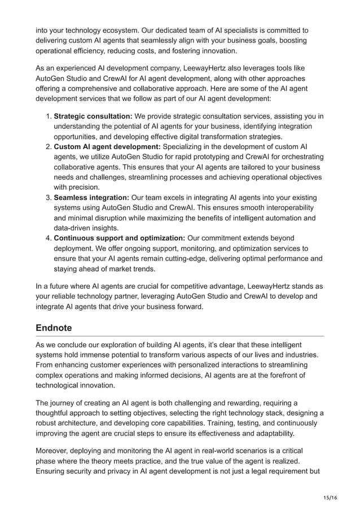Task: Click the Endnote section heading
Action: (x=58, y=328)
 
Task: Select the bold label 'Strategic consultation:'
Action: (x=93, y=116)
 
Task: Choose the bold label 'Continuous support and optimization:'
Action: (x=119, y=238)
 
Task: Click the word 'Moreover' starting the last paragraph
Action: (x=55, y=450)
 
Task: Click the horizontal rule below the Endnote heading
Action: (x=179, y=337)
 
